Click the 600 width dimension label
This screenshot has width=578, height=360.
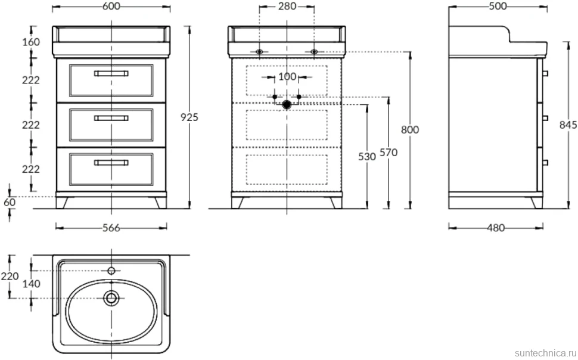(111, 7)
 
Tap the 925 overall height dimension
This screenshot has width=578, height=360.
(189, 117)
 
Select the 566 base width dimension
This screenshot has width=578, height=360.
(111, 228)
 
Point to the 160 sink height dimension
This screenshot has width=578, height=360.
(31, 42)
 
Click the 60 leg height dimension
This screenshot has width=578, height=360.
(10, 202)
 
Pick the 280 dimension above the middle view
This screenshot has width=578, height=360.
(287, 7)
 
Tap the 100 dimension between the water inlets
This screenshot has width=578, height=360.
(287, 77)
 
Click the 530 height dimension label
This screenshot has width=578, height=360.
(367, 157)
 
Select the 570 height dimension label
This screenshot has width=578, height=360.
(389, 153)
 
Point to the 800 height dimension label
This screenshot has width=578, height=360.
(410, 130)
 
